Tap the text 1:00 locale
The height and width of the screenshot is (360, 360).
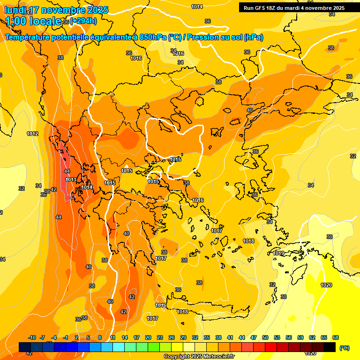[33, 21]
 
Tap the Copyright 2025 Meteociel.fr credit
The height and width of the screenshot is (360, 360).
[199, 357]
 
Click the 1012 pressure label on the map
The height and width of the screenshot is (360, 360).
[32, 134]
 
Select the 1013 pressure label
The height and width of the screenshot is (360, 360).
[71, 180]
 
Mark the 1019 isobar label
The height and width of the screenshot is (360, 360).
[278, 253]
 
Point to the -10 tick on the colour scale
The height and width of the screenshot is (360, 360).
[32, 338]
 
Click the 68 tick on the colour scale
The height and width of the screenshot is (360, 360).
[336, 338]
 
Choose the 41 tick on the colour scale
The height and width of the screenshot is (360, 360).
[230, 338]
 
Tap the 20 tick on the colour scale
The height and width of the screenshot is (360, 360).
[148, 338]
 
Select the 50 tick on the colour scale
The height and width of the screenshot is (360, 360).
[265, 338]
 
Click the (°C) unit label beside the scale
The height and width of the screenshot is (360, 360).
[345, 348]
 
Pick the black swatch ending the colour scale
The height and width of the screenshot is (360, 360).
[330, 347]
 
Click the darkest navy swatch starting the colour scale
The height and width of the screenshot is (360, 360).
[25, 347]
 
